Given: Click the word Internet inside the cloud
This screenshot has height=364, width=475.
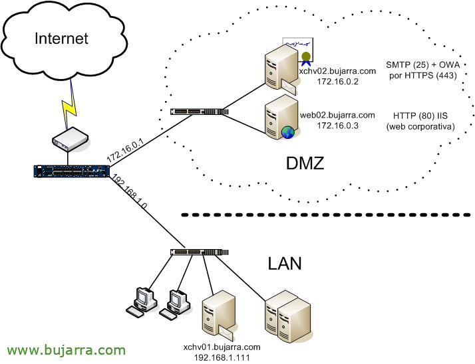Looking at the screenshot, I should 61,38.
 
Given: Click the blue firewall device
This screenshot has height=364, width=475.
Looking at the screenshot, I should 71,171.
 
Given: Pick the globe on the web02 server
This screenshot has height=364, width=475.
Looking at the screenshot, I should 288,132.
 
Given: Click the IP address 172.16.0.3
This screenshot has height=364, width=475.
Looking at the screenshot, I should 338,125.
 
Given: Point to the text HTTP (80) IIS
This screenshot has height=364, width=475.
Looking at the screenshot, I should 420,115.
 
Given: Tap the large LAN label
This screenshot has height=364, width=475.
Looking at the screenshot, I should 285,263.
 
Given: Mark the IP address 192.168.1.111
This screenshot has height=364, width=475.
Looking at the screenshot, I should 222,357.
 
